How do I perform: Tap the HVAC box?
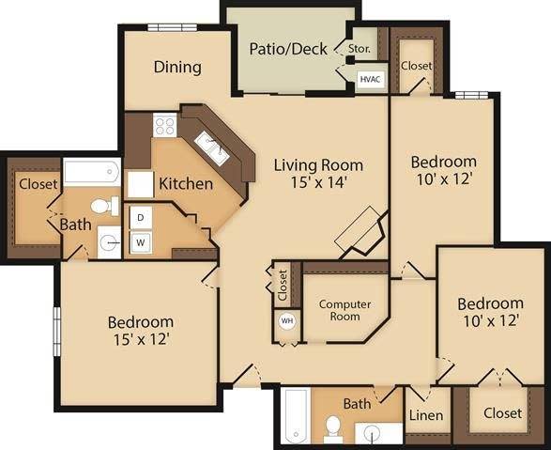tap(370, 81)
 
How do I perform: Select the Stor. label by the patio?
tap(359, 48)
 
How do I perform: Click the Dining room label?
tap(177, 67)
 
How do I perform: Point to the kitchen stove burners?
tap(165, 125)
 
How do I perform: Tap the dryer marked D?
tap(141, 217)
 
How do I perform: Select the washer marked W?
tap(141, 242)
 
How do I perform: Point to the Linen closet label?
tap(426, 414)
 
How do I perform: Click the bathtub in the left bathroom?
tap(91, 172)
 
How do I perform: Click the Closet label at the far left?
tap(38, 183)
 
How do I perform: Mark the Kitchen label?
tap(185, 183)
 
